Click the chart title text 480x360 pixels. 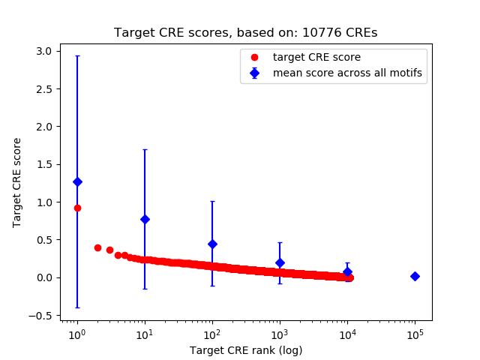(245, 33)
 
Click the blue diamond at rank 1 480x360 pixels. (77, 181)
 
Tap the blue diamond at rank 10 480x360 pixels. (145, 219)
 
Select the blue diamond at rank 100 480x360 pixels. (212, 244)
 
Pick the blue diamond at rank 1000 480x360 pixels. (280, 262)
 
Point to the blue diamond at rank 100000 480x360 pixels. (415, 276)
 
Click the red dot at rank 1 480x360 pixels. (77, 208)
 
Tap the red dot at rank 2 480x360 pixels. (97, 247)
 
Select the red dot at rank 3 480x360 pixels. (109, 250)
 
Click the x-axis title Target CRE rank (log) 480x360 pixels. (245, 349)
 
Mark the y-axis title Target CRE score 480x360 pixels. (17, 182)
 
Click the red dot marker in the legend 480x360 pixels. (254, 57)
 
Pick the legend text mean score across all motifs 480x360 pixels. (346, 73)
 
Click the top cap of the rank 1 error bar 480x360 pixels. (77, 55)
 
